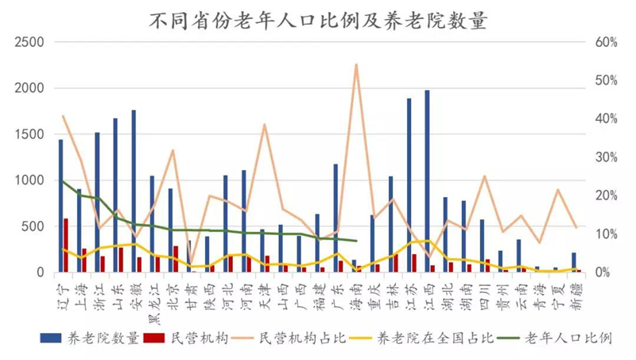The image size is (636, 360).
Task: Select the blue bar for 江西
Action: pyautogui.click(x=427, y=181)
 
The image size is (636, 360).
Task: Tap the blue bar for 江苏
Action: pyautogui.click(x=409, y=185)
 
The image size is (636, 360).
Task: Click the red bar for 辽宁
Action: pyautogui.click(x=66, y=246)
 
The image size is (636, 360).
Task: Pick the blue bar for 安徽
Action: pyautogui.click(x=134, y=191)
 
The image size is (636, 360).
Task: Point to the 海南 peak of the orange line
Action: pyautogui.click(x=356, y=64)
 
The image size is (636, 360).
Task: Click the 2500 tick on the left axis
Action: pyautogui.click(x=29, y=42)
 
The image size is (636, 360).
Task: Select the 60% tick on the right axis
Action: pyautogui.click(x=607, y=42)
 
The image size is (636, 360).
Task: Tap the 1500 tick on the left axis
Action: pyautogui.click(x=29, y=134)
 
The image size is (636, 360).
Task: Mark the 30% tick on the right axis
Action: pyautogui.click(x=607, y=157)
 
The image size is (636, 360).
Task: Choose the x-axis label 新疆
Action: pyautogui.click(x=576, y=296)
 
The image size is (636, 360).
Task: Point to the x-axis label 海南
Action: pyautogui.click(x=355, y=296)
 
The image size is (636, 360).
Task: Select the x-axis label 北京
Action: pyautogui.click(x=173, y=296)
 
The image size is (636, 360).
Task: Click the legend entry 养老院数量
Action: pyautogui.click(x=90, y=338)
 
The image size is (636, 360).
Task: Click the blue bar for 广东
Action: pyautogui.click(x=335, y=218)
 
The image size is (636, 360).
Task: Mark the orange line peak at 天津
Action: pyautogui.click(x=265, y=125)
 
